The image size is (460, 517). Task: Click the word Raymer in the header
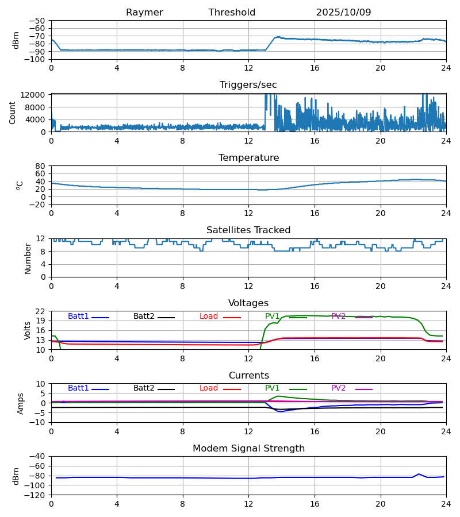click(x=144, y=13)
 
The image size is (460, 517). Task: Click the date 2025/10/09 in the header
click(x=343, y=13)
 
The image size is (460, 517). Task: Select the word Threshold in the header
click(x=232, y=13)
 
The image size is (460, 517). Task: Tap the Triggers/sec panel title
click(x=248, y=85)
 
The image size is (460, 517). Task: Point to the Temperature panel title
click(x=248, y=158)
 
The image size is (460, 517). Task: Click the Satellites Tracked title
click(x=248, y=230)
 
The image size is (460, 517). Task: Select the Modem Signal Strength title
click(x=248, y=449)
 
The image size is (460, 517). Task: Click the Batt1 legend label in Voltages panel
click(x=78, y=317)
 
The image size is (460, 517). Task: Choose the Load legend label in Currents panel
click(x=209, y=388)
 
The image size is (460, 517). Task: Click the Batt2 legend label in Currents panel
click(x=144, y=388)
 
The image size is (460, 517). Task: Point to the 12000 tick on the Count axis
click(x=36, y=95)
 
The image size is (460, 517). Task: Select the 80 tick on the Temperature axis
click(x=41, y=166)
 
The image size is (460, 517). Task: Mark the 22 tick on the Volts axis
click(x=41, y=311)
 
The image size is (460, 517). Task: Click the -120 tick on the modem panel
click(x=36, y=495)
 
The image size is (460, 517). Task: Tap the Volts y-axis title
click(x=28, y=330)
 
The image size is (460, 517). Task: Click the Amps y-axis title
click(x=21, y=403)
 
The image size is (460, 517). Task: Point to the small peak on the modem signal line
click(x=419, y=474)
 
